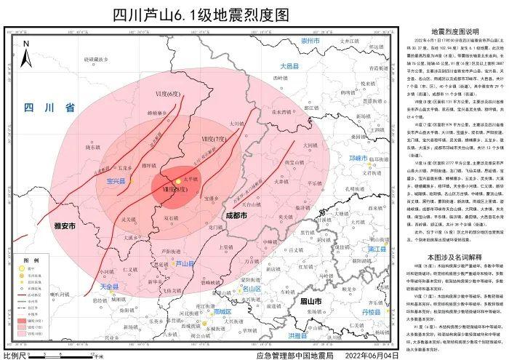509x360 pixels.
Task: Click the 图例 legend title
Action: coord(30,260)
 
